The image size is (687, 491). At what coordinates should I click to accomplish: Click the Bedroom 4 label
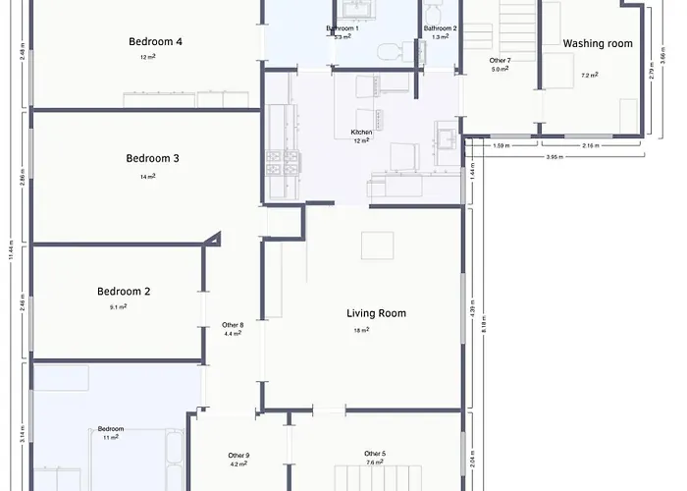tap(155, 42)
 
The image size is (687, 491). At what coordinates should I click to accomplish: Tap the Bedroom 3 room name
tap(152, 159)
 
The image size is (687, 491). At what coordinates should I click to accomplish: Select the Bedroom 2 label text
tap(123, 292)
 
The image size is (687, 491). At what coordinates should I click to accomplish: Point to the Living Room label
tap(376, 314)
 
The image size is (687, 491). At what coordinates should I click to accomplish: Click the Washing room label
tap(598, 44)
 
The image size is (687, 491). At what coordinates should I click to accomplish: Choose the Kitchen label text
tap(361, 133)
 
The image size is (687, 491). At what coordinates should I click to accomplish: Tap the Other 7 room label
tap(500, 61)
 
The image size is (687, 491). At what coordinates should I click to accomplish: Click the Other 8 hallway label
tap(233, 325)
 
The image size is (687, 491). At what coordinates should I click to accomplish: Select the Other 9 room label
tap(238, 456)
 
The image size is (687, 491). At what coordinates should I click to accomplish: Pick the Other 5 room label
tap(375, 454)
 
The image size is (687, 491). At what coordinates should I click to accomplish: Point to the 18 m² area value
tap(361, 330)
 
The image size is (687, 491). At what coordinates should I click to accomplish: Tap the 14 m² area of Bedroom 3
tap(148, 177)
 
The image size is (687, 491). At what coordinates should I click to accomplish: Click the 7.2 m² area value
tap(589, 76)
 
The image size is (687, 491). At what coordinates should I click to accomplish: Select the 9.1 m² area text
tap(119, 307)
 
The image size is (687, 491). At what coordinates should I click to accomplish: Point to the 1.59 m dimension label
tap(500, 146)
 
